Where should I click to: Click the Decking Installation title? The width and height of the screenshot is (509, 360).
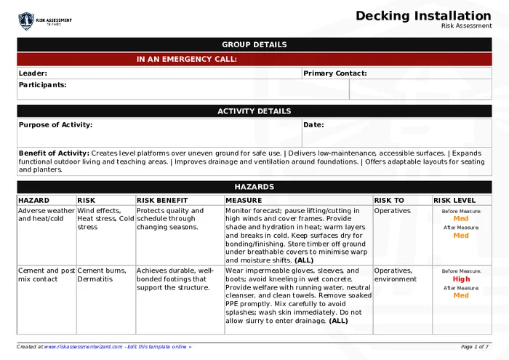point(423,16)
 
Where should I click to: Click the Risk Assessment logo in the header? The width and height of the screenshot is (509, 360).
point(45,21)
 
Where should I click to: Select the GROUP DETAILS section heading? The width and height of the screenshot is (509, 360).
point(254,44)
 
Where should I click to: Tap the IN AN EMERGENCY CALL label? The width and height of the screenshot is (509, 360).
point(186,60)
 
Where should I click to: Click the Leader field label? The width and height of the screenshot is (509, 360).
point(33,73)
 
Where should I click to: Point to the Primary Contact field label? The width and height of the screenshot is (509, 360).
point(334,73)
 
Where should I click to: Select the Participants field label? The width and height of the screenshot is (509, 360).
point(42,85)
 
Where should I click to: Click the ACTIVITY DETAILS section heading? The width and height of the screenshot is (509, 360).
point(254,111)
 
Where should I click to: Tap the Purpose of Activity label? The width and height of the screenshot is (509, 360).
point(55,125)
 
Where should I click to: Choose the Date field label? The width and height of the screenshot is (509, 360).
point(313,125)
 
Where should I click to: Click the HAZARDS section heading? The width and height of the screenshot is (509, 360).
point(254,187)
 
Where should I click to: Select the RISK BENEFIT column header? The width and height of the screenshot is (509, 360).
point(162,201)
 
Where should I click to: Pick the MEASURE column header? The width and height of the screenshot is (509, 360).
point(244,201)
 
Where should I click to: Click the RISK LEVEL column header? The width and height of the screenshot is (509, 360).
point(454,201)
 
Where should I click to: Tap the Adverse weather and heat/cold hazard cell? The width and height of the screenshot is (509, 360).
point(47,215)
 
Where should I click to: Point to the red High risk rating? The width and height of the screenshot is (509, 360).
point(461,279)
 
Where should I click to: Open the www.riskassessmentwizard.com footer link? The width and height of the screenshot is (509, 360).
point(82,347)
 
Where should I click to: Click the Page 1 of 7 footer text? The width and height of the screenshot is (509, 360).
point(475,347)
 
